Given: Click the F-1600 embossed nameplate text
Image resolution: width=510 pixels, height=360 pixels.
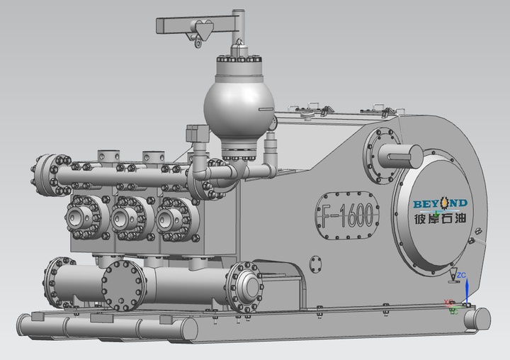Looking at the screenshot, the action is pos(347,215).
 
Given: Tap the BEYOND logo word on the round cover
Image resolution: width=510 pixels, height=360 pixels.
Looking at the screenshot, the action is pos(440,203).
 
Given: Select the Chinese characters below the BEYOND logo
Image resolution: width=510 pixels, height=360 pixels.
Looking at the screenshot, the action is pos(440,218).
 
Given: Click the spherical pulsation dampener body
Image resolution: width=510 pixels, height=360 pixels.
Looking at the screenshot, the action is pos(239,106).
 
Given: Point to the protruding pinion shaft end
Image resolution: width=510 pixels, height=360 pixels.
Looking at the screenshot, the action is pos(401,156).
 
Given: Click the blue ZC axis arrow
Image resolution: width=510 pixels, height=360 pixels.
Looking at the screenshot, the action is pos(466,291).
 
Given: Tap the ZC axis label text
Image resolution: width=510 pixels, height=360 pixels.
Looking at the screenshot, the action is pos(461,276).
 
